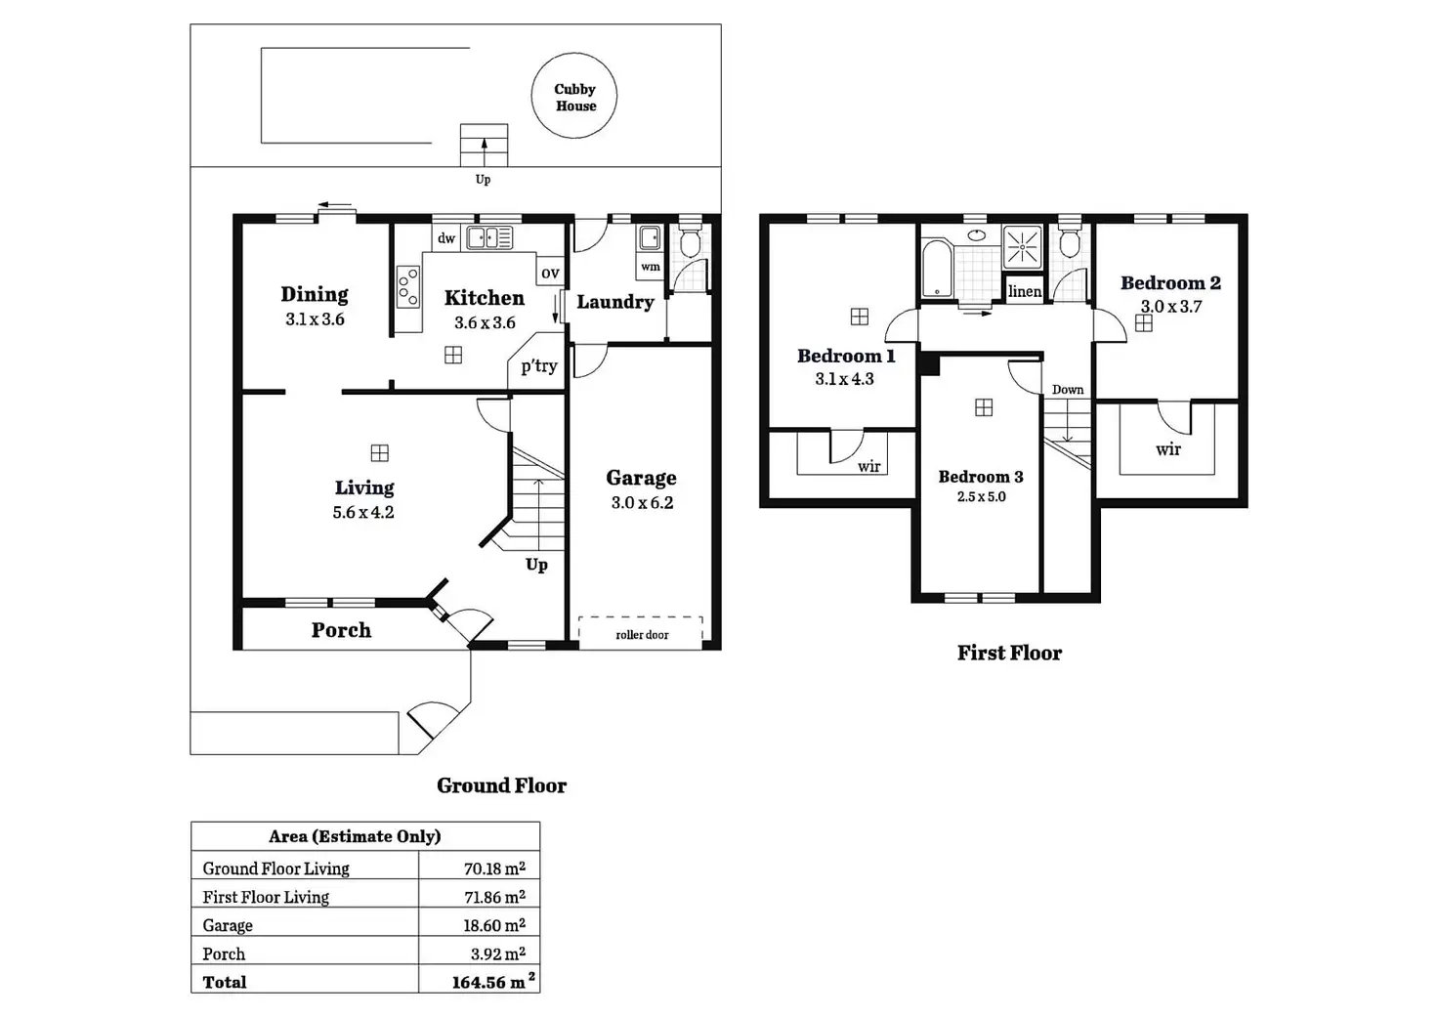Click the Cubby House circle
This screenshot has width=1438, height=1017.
click(574, 96)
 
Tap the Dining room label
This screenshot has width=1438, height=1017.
click(315, 294)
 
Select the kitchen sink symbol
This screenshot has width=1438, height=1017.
click(489, 237)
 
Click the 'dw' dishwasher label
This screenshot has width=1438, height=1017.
click(446, 238)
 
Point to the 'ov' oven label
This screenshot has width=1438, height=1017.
click(550, 274)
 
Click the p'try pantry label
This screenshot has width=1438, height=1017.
click(538, 366)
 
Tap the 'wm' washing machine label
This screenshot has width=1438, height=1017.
click(651, 267)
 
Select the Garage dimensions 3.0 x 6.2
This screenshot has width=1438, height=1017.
click(642, 503)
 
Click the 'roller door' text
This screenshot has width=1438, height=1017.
click(642, 635)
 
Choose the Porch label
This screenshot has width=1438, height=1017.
click(341, 630)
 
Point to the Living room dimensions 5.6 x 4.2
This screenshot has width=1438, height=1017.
click(363, 512)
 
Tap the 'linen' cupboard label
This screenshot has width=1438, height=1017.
click(1024, 291)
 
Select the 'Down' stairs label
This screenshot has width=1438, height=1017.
click(1067, 390)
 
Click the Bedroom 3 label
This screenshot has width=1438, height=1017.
click(981, 477)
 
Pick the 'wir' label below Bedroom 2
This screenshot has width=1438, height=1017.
click(1168, 449)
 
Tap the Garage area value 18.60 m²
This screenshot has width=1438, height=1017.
click(493, 925)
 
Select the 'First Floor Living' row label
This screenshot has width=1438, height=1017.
click(266, 897)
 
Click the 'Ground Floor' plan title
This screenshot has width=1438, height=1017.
click(501, 785)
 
